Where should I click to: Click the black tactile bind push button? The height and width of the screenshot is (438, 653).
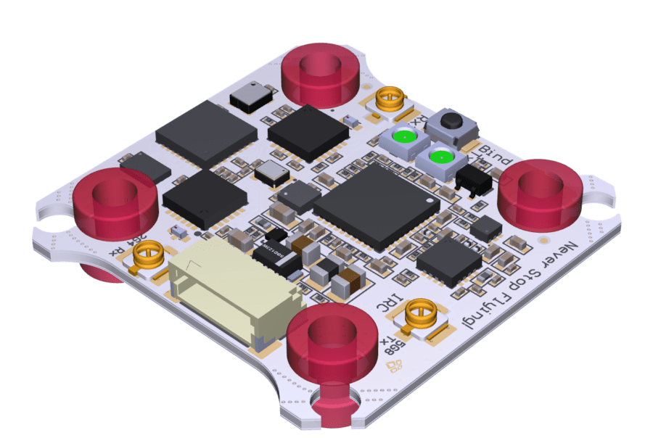pos(453,124)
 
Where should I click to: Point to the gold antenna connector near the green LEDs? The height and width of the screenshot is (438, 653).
pos(391,97)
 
